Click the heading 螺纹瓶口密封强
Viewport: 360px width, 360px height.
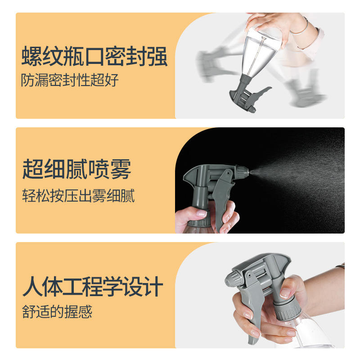pyautogui.click(x=94, y=56)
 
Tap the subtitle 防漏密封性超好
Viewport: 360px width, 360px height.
pyautogui.click(x=70, y=80)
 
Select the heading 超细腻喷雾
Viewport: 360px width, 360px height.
pyautogui.click(x=76, y=169)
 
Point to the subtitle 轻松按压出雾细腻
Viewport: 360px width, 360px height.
pyautogui.click(x=78, y=196)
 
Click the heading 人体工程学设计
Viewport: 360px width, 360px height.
pyautogui.click(x=93, y=286)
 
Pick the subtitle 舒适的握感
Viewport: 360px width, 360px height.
pyautogui.click(x=57, y=312)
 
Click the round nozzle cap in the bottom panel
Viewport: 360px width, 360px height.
pyautogui.click(x=232, y=278)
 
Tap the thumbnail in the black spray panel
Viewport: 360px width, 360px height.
pyautogui.click(x=202, y=213)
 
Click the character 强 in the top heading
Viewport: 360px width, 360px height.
pyautogui.click(x=157, y=56)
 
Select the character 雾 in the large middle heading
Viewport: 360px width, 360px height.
pyautogui.click(x=121, y=169)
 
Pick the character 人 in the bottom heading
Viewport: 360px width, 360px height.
pyautogui.click(x=32, y=286)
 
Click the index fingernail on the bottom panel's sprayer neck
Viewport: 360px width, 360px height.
pyautogui.click(x=285, y=293)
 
